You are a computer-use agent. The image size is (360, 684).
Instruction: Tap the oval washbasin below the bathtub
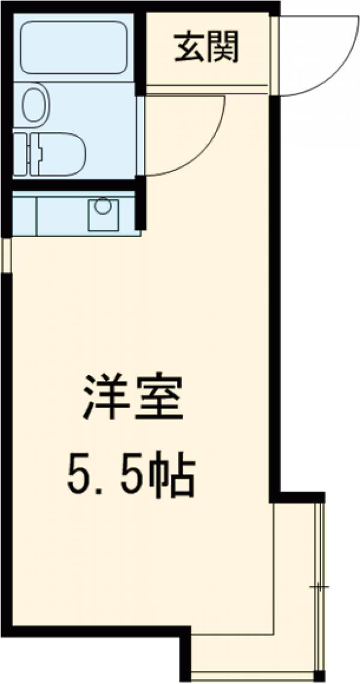click(33, 104)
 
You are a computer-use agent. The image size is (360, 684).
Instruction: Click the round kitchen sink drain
click(103, 206)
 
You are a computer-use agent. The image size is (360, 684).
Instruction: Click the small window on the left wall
click(7, 255)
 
